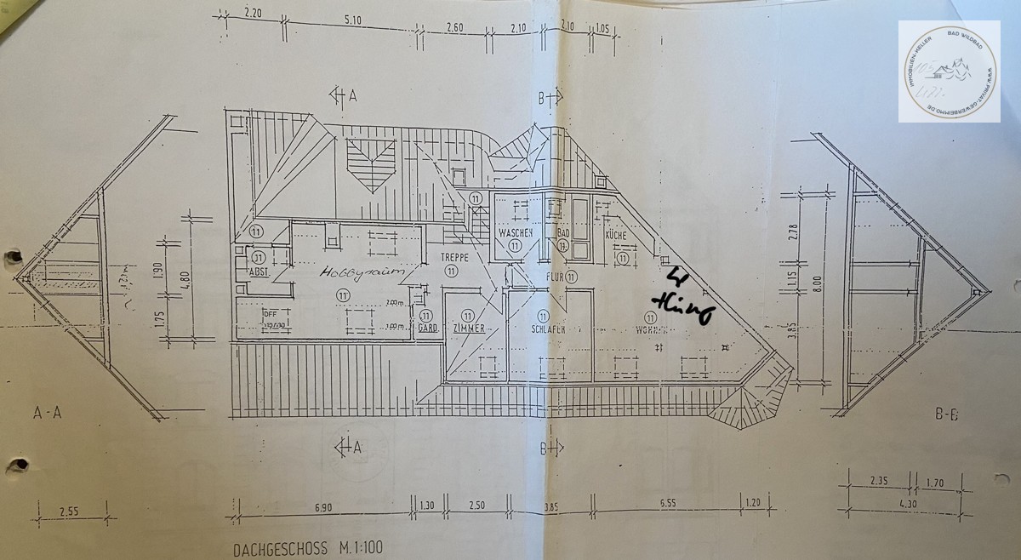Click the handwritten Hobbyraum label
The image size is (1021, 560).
[354, 273]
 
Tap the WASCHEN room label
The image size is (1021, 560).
[516, 232]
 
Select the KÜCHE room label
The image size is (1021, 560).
[616, 234]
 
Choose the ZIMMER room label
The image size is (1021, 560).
[469, 329]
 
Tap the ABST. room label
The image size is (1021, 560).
[259, 272]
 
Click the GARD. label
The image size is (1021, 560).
[427, 329]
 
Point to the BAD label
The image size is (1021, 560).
[562, 232]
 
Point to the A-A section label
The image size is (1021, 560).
[47, 414]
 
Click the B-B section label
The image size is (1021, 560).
[947, 415]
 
